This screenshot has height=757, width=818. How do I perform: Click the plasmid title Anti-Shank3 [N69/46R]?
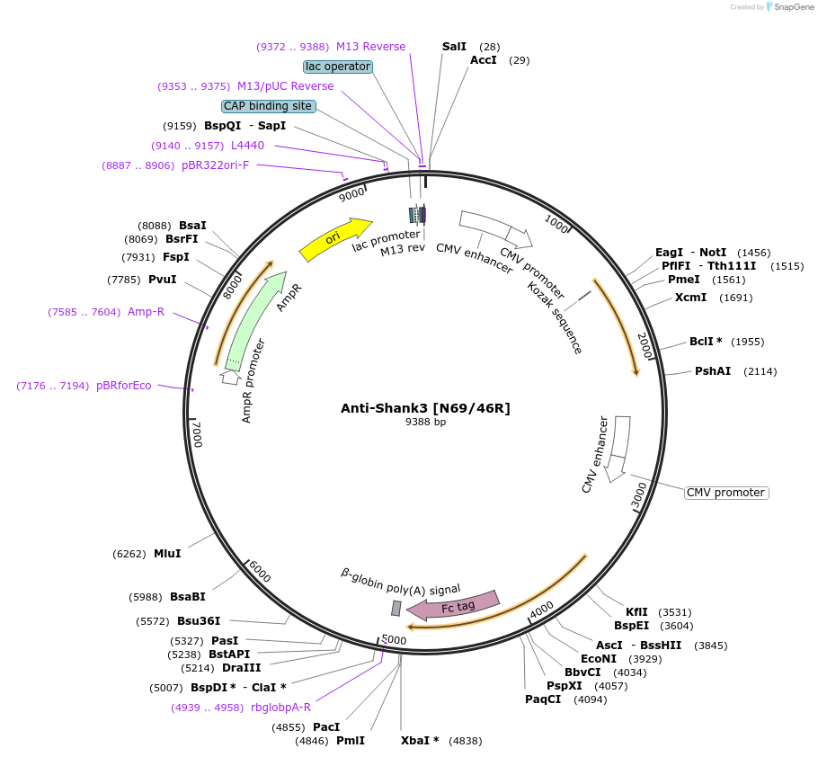[x=425, y=408]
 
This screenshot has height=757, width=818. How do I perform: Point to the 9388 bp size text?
[x=425, y=422]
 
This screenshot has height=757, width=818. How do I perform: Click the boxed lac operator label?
[x=338, y=67]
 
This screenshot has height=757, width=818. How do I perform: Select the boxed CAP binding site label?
[x=268, y=106]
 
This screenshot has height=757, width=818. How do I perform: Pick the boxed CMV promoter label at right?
[x=726, y=493]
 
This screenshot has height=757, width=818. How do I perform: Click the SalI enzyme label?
[x=454, y=46]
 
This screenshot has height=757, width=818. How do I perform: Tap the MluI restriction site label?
[x=167, y=554]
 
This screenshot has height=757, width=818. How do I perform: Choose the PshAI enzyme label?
[x=713, y=371]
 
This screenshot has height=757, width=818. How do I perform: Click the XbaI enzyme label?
[x=420, y=741]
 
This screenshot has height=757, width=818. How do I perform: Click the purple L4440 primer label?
[x=247, y=146]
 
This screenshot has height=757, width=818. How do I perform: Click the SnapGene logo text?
[x=790, y=6]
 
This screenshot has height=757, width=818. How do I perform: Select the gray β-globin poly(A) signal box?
[x=396, y=609]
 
